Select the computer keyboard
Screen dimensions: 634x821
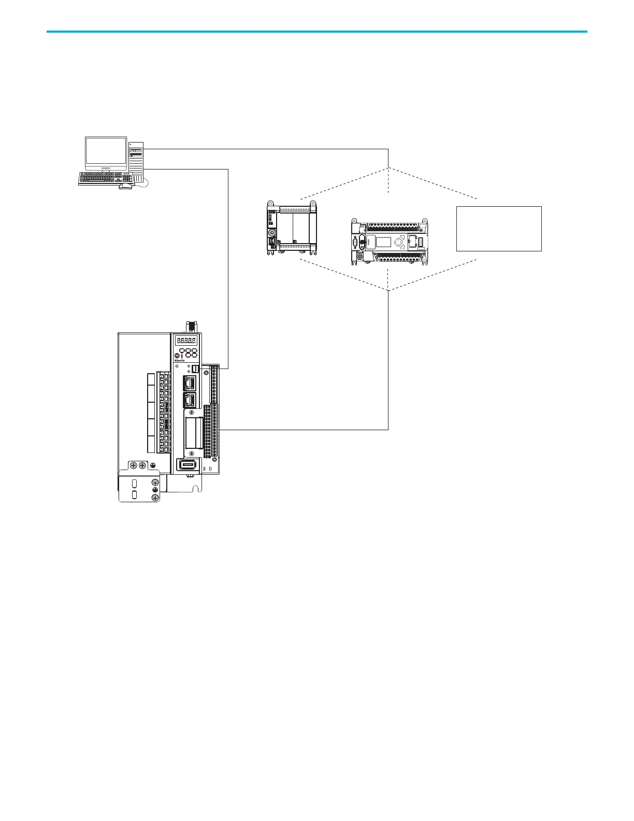105,178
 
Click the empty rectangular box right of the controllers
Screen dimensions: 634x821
499,229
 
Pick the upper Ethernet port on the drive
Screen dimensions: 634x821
189,383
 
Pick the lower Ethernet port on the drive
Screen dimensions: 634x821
189,400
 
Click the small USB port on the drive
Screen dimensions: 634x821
195,369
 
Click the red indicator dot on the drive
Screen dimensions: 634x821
182,355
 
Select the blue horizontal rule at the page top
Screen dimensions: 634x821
316,32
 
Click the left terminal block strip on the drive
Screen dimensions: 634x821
165,412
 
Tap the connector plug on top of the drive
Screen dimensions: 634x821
191,326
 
